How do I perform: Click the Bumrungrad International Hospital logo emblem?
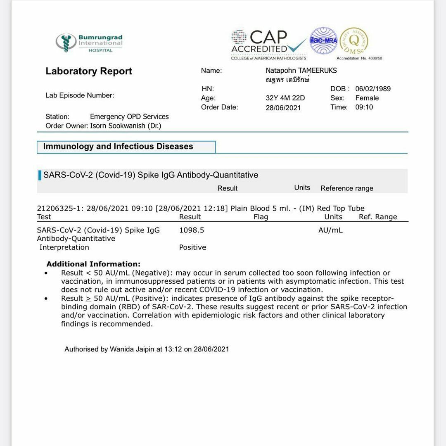(66, 43)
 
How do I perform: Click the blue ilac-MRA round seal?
(323, 40)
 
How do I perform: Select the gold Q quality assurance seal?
(354, 41)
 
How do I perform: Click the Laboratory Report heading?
(89, 71)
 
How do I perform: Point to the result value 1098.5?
(192, 230)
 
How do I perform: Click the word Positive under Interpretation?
(192, 247)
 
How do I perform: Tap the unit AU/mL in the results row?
(330, 230)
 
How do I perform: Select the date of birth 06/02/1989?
(373, 89)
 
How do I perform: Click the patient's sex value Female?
(367, 98)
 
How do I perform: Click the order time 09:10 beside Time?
(364, 107)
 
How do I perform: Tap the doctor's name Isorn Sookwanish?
(126, 126)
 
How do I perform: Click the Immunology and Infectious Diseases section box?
(126, 147)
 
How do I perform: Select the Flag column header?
(261, 217)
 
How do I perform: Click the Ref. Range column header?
(378, 217)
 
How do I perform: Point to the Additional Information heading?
(93, 264)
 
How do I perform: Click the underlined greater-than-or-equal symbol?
(88, 298)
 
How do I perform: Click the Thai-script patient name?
(287, 80)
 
